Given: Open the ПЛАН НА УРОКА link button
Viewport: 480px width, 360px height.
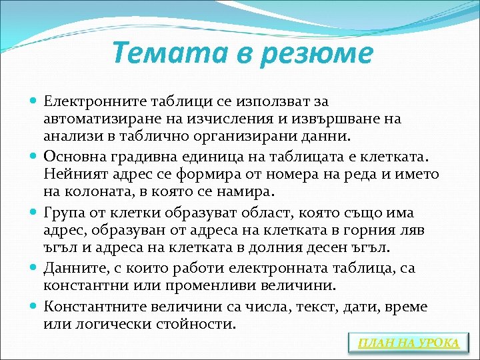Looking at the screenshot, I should pos(408,343).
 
